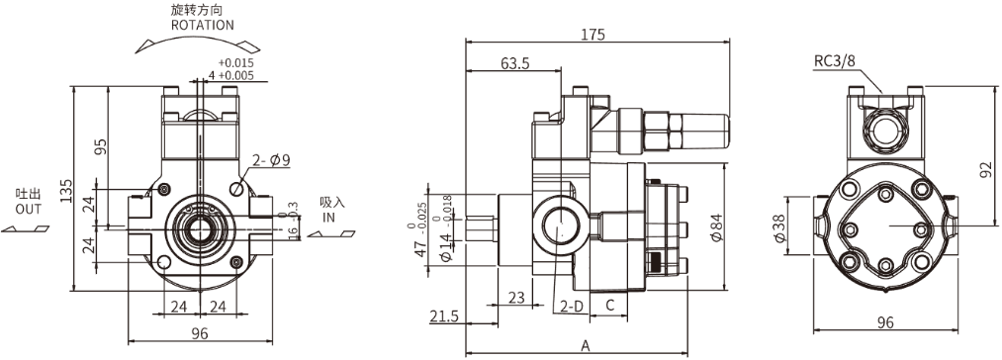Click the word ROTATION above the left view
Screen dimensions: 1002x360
(x=202, y=25)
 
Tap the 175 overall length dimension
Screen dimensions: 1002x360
(x=593, y=35)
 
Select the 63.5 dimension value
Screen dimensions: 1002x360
(x=515, y=63)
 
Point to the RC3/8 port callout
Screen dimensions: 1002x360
(x=834, y=60)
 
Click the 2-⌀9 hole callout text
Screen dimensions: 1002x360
(x=272, y=160)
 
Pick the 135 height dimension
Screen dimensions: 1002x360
(x=66, y=191)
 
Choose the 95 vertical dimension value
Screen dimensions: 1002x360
(x=100, y=146)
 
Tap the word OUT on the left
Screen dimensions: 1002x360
(x=28, y=209)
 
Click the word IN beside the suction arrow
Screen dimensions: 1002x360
(x=328, y=217)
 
